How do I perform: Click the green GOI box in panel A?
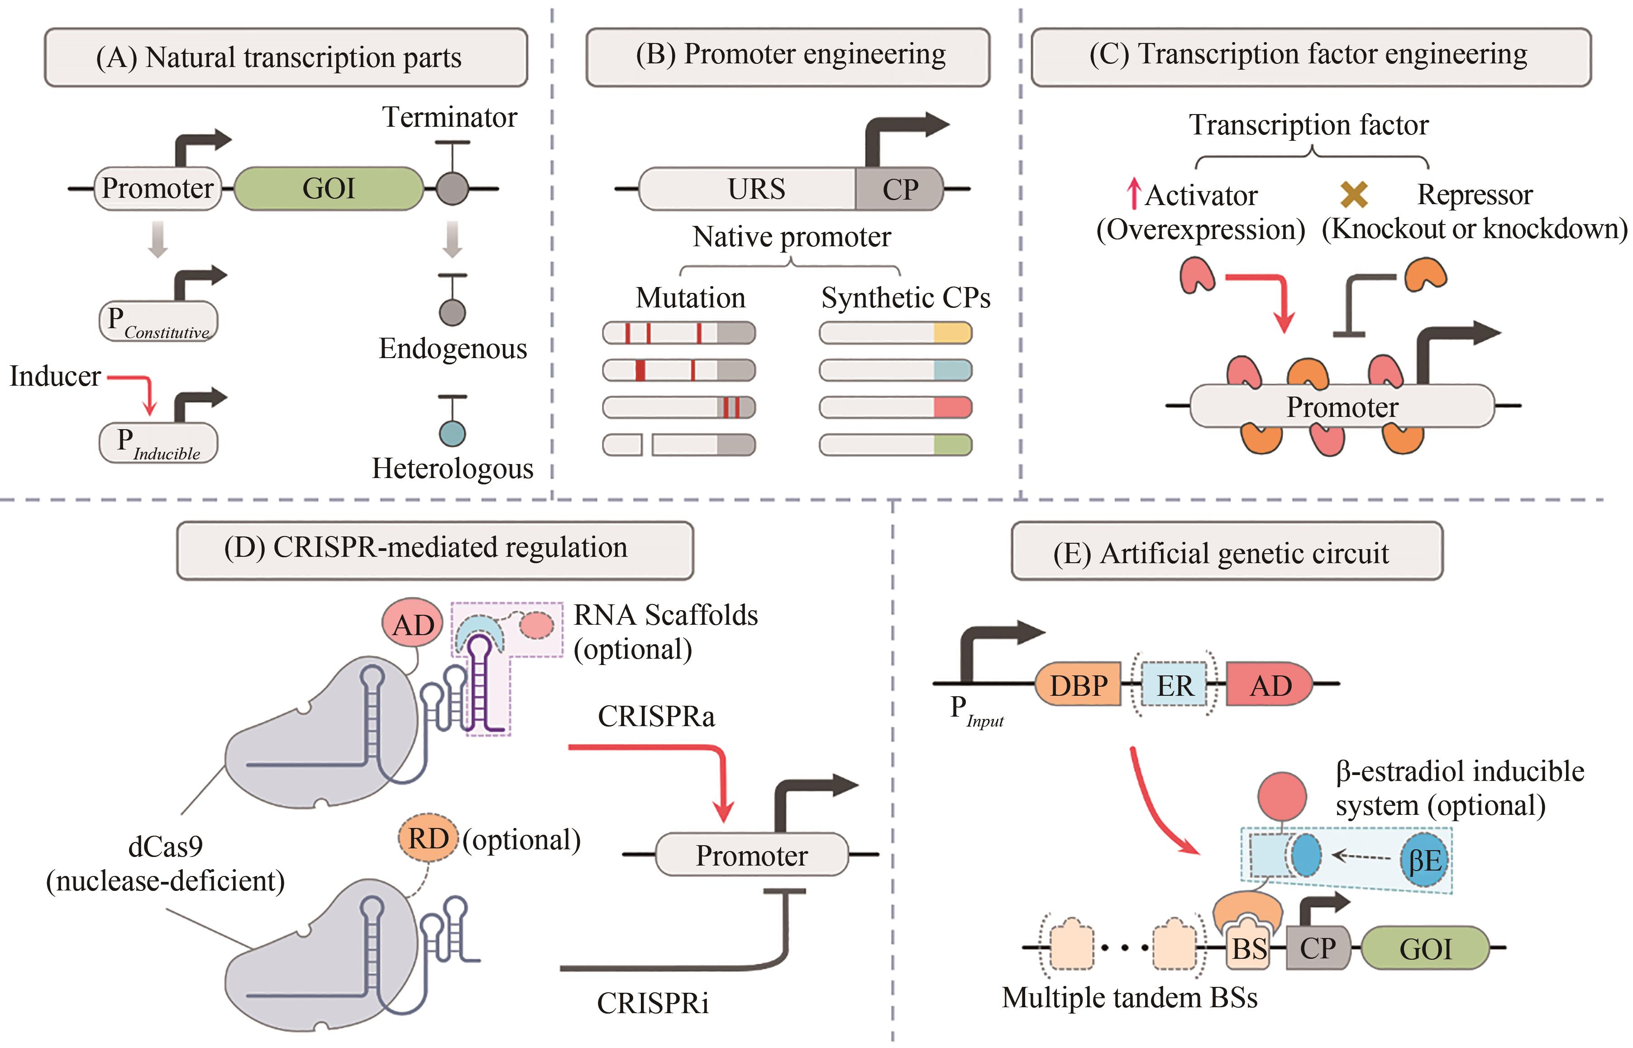pyautogui.click(x=329, y=188)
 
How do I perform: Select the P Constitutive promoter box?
pyautogui.click(x=158, y=321)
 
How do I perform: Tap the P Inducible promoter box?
pyautogui.click(x=158, y=443)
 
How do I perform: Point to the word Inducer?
pyautogui.click(x=55, y=376)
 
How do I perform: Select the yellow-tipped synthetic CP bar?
pyautogui.click(x=895, y=333)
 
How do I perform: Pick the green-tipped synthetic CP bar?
pyautogui.click(x=895, y=445)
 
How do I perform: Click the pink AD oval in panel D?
pyautogui.click(x=412, y=624)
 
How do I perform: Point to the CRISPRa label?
pyautogui.click(x=656, y=716)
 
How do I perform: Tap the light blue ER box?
pyautogui.click(x=1175, y=684)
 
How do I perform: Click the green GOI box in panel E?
pyautogui.click(x=1425, y=948)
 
